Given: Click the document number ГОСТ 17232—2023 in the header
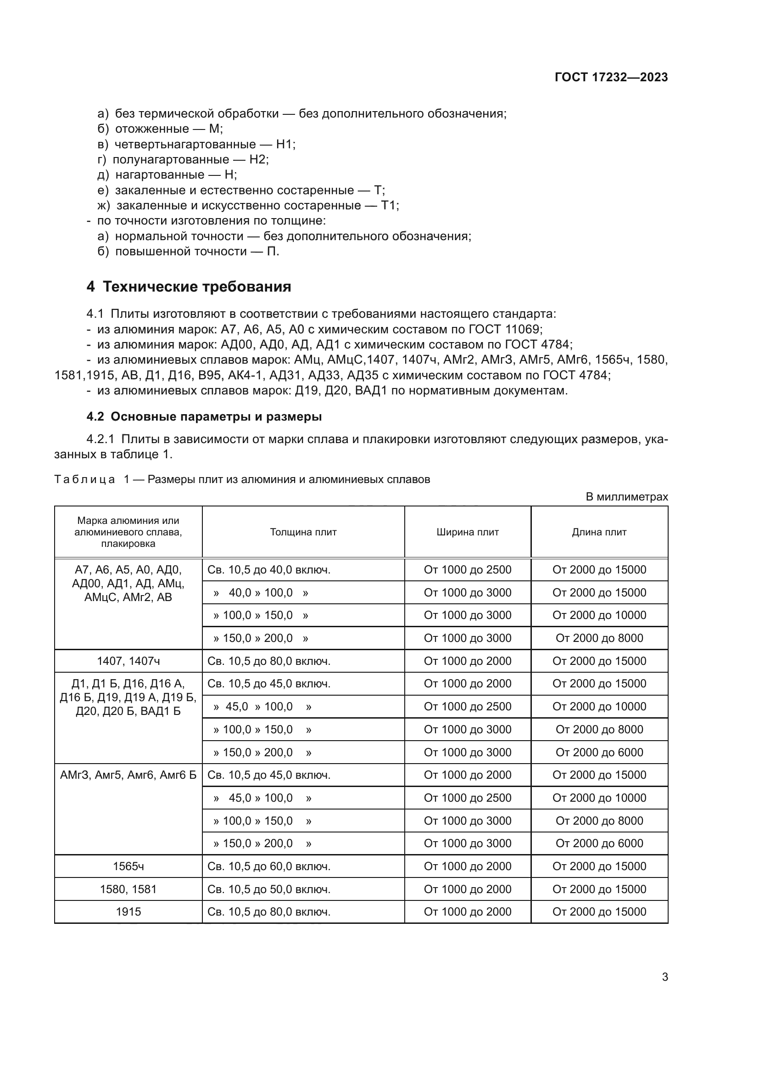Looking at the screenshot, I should (611, 78).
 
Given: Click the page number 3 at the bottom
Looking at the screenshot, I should (664, 977).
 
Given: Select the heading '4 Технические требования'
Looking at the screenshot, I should (189, 287).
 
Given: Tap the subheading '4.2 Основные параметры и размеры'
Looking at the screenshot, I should (204, 417).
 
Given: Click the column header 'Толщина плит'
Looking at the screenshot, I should (303, 532).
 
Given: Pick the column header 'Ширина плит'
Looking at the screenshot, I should (467, 532).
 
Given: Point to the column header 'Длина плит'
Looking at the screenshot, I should (599, 532).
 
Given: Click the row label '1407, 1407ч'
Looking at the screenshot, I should (128, 661).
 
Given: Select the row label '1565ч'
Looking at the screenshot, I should (128, 866).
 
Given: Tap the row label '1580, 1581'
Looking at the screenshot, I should (128, 889).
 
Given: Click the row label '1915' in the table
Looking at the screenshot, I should (128, 912).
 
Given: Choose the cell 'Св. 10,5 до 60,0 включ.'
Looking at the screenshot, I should (269, 866).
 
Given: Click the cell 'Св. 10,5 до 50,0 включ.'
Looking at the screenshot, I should (269, 889).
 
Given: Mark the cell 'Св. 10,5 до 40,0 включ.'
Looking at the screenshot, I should (269, 570).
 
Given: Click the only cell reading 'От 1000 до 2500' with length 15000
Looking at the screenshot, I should (467, 570).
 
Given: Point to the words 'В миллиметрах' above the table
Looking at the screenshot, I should (626, 497).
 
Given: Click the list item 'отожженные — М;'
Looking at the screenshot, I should (169, 129).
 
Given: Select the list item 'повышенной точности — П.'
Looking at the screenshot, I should (197, 252).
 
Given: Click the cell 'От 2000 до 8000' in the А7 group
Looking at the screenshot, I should (599, 638).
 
